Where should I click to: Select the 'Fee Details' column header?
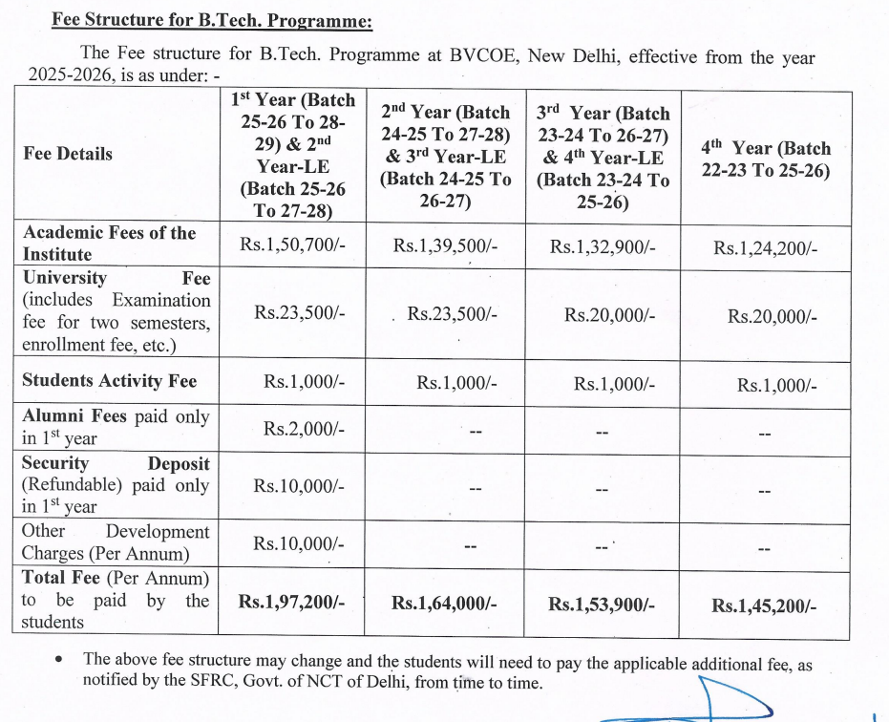[68, 154]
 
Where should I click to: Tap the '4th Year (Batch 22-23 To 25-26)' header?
[766, 159]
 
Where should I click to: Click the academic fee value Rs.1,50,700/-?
[292, 245]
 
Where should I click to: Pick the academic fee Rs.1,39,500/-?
[446, 246]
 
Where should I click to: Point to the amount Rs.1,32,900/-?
[603, 246]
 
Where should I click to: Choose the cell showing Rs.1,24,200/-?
[765, 248]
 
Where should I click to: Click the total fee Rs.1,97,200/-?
[292, 602]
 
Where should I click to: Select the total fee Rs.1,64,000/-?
[445, 604]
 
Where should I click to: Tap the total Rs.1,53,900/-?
[603, 604]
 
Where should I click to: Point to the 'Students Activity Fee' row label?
[110, 381]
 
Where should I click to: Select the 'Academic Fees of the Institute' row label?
[110, 244]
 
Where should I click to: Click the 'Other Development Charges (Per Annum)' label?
[116, 542]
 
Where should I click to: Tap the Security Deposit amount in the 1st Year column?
[297, 485]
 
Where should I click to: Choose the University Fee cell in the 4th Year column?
[772, 317]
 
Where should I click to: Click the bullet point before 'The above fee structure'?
[61, 660]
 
